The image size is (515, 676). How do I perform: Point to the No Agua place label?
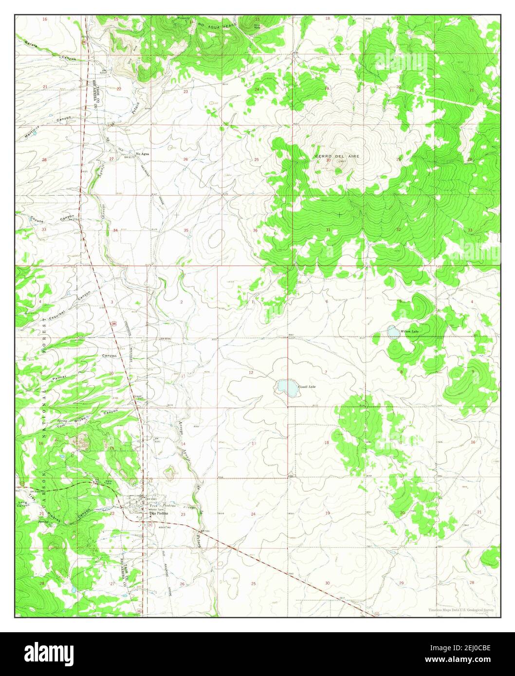[143, 154]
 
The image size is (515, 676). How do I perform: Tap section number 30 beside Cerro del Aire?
[328, 160]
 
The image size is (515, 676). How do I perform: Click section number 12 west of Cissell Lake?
[251, 373]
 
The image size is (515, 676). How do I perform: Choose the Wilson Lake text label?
[409, 331]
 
